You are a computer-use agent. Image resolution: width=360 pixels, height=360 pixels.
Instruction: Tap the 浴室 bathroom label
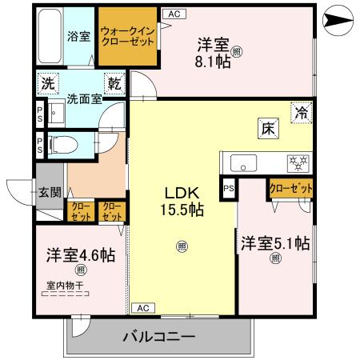78,36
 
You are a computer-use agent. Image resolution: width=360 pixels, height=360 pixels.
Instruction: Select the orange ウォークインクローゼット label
128,37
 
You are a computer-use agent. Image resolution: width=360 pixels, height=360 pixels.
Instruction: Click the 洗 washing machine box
48,82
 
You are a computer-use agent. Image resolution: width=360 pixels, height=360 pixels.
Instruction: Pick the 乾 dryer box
114,82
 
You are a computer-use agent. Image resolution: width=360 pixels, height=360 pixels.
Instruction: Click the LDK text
182,194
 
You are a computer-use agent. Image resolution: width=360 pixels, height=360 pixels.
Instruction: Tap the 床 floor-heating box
267,126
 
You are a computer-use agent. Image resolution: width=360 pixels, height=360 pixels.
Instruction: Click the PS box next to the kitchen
229,189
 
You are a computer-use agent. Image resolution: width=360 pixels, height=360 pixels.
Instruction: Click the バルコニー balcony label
158,336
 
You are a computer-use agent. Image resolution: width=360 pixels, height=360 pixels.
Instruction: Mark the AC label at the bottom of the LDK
142,308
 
